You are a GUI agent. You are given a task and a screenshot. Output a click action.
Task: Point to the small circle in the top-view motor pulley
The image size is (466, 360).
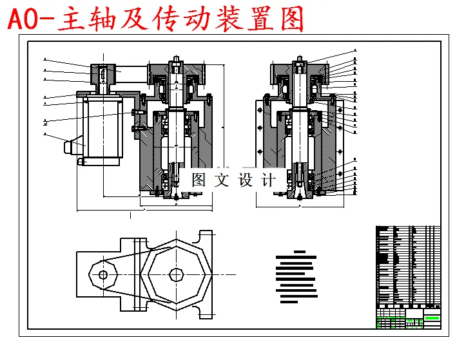pyautogui.click(x=102, y=274)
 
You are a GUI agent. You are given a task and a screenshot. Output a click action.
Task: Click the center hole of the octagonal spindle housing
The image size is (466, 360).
pyautogui.click(x=176, y=274)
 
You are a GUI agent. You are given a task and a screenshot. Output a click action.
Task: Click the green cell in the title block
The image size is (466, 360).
pyautogui.click(x=432, y=317)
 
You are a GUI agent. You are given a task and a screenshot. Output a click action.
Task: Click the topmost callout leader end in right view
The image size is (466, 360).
pyautogui.click(x=354, y=50)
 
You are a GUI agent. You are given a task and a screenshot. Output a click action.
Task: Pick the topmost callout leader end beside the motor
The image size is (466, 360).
pyautogui.click(x=45, y=59)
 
